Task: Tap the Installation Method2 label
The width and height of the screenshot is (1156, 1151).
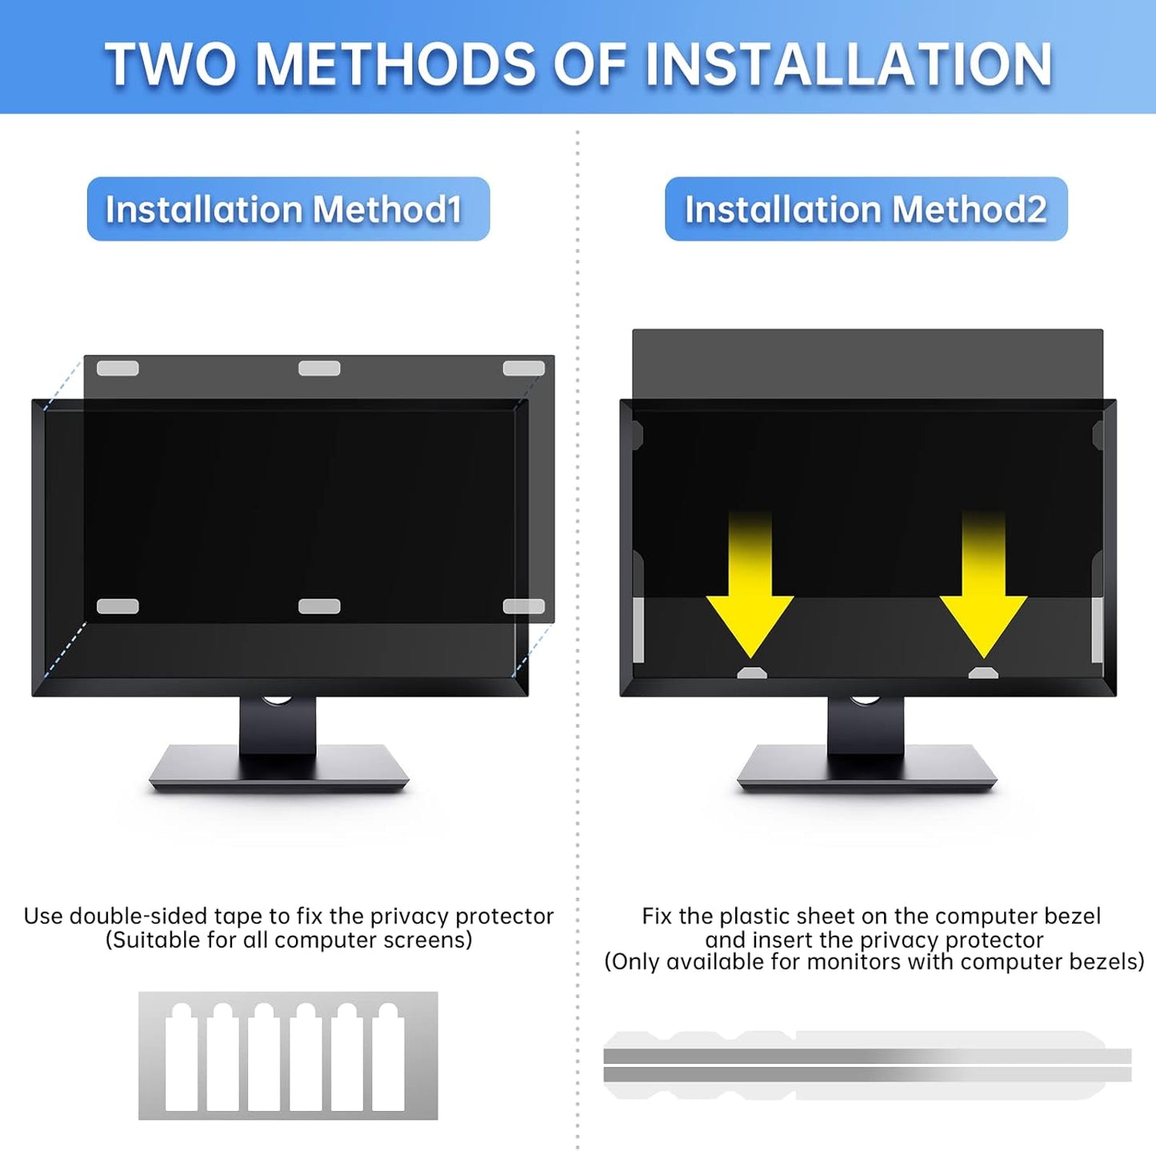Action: [x=866, y=210]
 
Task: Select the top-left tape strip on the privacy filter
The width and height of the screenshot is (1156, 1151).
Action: [x=118, y=368]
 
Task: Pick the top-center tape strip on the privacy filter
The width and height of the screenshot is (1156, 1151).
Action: [x=319, y=368]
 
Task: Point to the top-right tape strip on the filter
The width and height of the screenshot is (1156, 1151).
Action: [x=523, y=368]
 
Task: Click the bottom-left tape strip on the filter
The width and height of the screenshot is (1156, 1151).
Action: [x=118, y=607]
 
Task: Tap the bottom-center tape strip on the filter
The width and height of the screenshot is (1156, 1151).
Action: [x=319, y=607]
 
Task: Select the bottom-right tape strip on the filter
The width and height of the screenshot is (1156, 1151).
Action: [x=523, y=607]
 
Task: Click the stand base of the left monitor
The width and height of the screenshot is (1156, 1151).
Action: [x=278, y=769]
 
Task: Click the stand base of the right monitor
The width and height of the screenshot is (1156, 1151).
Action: [x=866, y=769]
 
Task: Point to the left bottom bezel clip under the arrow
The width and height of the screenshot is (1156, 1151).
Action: [x=751, y=673]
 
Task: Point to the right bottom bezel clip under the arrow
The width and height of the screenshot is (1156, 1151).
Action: [x=983, y=673]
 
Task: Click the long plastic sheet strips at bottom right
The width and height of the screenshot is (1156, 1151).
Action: [x=867, y=1065]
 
